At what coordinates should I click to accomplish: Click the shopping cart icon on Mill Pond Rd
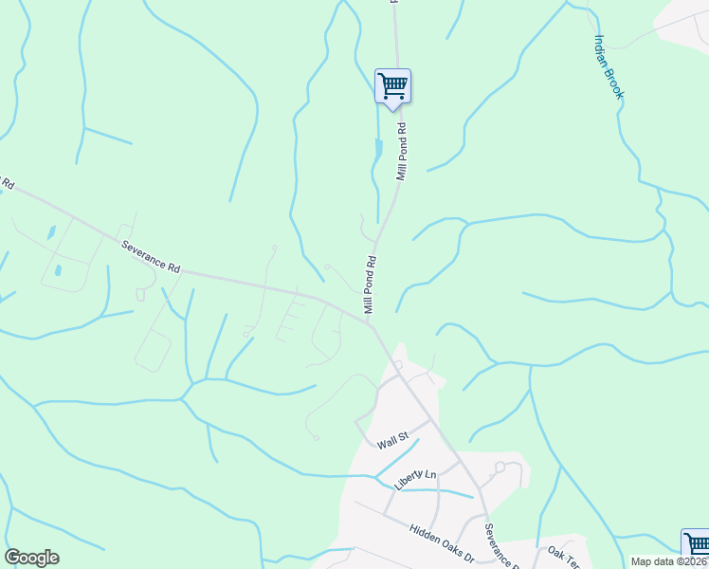392,87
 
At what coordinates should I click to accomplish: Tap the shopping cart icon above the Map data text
697,544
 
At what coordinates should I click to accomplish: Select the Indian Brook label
609,66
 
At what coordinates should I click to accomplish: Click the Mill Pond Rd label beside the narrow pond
401,152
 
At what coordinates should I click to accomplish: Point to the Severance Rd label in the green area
151,256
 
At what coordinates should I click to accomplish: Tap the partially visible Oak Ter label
563,552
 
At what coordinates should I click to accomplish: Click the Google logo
31,558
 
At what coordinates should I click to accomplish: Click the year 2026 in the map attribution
696,561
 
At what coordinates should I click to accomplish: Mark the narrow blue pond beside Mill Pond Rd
379,149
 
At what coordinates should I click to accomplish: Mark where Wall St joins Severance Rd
428,418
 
